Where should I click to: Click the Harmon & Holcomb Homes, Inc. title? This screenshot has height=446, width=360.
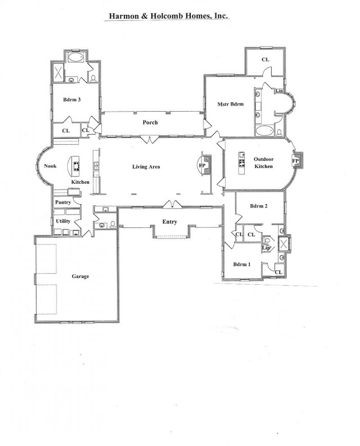(x=168, y=16)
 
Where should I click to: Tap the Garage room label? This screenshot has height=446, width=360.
(x=81, y=276)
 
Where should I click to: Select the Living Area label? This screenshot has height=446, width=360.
(x=146, y=167)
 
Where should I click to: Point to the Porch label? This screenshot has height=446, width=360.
(x=150, y=122)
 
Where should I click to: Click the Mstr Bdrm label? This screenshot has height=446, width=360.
(x=230, y=104)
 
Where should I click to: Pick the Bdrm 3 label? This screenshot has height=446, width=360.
(x=72, y=100)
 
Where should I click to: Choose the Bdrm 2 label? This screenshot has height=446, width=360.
(x=259, y=206)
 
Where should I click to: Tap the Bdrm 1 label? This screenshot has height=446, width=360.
(x=242, y=264)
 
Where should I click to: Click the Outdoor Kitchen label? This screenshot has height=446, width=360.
(x=264, y=163)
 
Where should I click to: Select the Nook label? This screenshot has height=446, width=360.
(x=50, y=166)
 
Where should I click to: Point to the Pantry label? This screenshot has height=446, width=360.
(x=63, y=202)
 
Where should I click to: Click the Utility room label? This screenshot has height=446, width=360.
(x=63, y=221)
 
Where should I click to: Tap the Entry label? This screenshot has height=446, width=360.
(x=170, y=222)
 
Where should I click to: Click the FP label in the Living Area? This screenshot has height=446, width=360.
(x=202, y=165)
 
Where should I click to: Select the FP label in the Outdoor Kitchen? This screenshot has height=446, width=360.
(x=296, y=161)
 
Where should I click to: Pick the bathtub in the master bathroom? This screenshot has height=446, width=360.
(x=265, y=131)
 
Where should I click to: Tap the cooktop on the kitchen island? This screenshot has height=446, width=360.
(x=76, y=166)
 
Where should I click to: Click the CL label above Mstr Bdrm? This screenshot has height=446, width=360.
(x=265, y=60)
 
